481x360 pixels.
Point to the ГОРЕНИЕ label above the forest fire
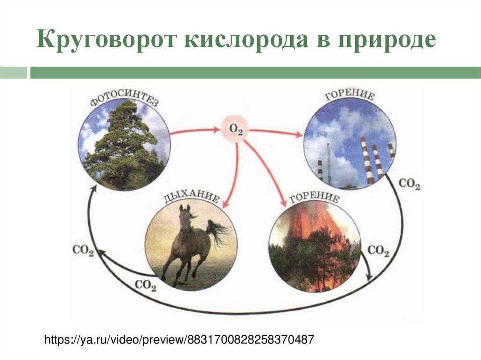click(x=314, y=198)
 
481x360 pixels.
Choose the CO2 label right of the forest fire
click(x=378, y=251)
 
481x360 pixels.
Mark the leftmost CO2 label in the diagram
click(x=83, y=250)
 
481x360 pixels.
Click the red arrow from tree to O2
click(x=195, y=131)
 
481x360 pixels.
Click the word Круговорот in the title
click(x=104, y=41)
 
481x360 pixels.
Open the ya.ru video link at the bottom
click(x=178, y=339)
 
